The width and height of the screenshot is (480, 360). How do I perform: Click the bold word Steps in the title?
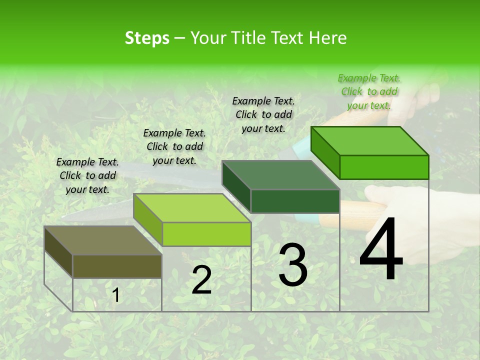coord(147,38)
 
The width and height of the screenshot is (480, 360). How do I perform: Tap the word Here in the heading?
coord(327,38)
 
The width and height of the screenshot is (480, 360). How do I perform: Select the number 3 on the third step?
coord(293,264)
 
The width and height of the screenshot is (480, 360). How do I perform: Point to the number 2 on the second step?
coord(201,280)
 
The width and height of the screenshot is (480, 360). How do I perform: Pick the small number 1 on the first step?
coord(115,295)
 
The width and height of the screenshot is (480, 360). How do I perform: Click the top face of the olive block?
coord(103,240)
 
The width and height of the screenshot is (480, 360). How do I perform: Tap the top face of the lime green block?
coord(192,208)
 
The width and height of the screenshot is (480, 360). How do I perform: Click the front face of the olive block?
coord(117,266)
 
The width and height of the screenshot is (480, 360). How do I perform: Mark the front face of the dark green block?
coord(295,201)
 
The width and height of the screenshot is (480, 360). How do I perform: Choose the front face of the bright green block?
coord(384,167)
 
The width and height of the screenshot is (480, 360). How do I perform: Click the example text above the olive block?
coord(87,175)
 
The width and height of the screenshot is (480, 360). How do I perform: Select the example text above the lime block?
coord(174,146)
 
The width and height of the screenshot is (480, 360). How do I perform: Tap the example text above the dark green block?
coord(263,114)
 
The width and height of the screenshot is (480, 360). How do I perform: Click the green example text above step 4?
coord(369,91)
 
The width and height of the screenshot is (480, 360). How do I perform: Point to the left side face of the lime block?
coord(148,220)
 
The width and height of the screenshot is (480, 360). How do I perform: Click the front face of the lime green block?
coord(206,234)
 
